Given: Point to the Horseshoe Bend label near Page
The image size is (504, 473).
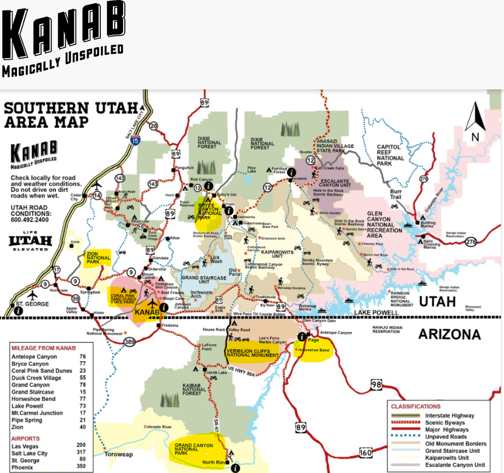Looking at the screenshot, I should tap(314, 349).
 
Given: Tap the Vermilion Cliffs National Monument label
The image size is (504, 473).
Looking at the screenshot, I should tap(253, 351).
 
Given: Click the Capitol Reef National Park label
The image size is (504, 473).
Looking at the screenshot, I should tap(391, 155).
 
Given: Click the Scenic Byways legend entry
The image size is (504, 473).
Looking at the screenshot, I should tap(445, 423).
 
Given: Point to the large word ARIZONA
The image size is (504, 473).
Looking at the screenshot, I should tap(449, 334).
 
